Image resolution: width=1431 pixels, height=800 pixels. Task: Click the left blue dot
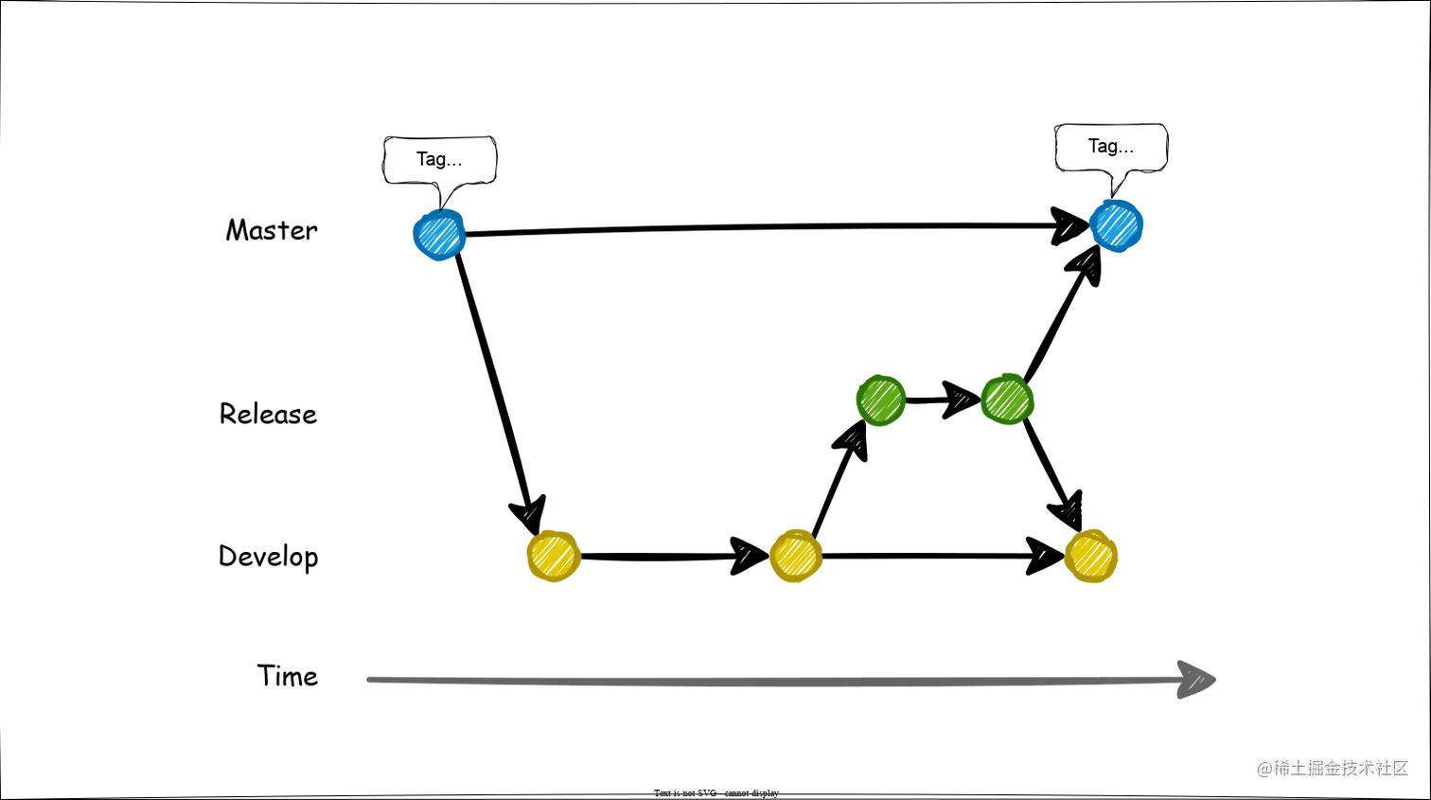pyautogui.click(x=439, y=235)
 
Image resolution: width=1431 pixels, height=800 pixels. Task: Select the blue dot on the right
pyautogui.click(x=1117, y=226)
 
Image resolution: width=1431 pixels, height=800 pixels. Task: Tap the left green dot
pyautogui.click(x=880, y=400)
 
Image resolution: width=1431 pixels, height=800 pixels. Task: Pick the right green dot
pyautogui.click(x=1006, y=399)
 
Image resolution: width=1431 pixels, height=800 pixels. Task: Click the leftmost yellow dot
pyautogui.click(x=553, y=556)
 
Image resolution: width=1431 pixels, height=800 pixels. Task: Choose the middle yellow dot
pyautogui.click(x=796, y=556)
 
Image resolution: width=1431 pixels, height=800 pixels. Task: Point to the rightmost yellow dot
pyautogui.click(x=1090, y=556)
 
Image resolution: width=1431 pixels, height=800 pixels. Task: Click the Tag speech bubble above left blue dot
pyautogui.click(x=439, y=159)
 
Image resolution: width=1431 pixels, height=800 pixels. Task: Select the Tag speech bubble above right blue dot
pyautogui.click(x=1110, y=147)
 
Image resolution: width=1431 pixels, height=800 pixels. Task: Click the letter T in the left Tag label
pyautogui.click(x=422, y=159)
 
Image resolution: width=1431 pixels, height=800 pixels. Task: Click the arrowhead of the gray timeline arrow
pyautogui.click(x=1195, y=678)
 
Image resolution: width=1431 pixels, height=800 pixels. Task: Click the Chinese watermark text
pyautogui.click(x=1333, y=767)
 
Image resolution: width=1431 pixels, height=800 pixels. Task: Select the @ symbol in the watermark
pyautogui.click(x=1263, y=767)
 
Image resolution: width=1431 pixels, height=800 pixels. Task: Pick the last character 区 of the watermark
pyautogui.click(x=1399, y=767)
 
